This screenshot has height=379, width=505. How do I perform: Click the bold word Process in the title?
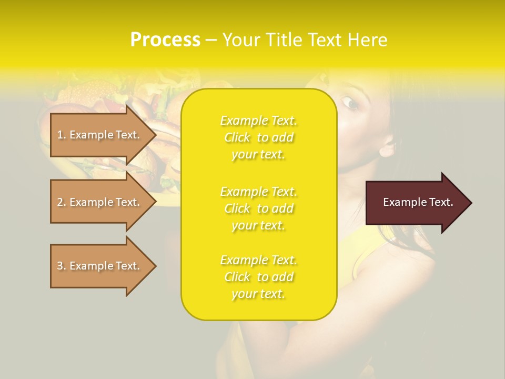(165, 40)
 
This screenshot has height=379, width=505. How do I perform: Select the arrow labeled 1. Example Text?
(100, 135)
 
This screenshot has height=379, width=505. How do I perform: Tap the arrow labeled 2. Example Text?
(100, 202)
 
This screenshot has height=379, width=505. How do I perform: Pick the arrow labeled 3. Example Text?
(100, 266)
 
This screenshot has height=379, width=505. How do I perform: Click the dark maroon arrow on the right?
(416, 203)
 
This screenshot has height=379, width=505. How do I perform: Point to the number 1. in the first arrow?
(62, 135)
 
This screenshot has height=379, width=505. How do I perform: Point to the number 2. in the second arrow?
(62, 202)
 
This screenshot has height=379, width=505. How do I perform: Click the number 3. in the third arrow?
(62, 266)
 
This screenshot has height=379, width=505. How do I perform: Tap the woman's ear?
(387, 148)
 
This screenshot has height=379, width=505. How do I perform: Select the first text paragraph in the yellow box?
(258, 137)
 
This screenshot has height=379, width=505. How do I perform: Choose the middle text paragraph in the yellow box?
(258, 208)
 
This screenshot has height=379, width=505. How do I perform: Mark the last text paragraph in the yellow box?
(258, 277)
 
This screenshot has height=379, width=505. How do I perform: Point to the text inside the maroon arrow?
(418, 202)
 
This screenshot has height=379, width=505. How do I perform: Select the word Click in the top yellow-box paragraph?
(238, 138)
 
